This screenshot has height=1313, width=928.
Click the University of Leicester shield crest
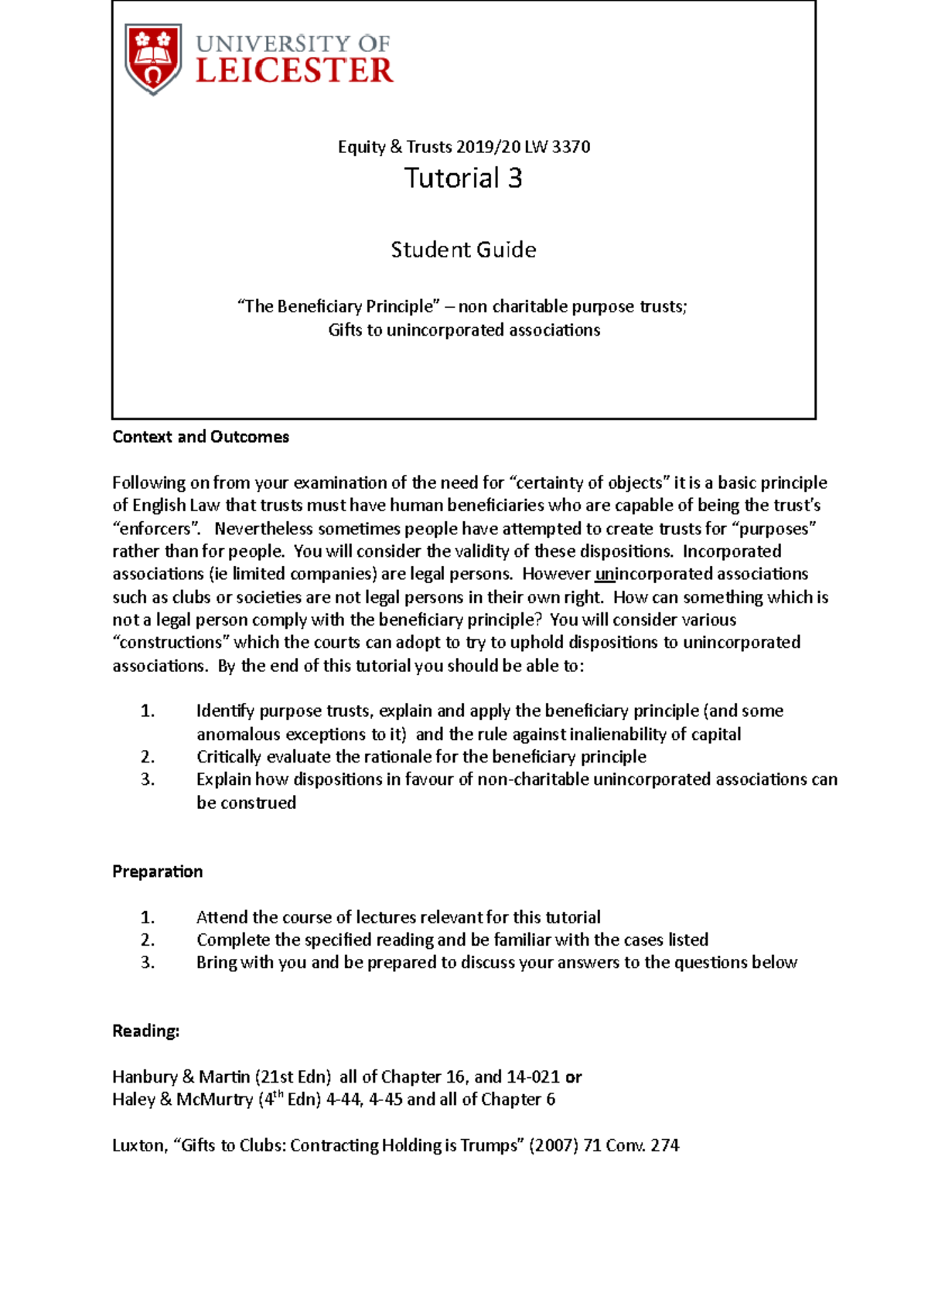coord(153,59)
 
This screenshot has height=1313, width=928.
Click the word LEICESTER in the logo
coord(295,71)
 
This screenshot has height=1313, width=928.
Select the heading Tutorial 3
coord(463,179)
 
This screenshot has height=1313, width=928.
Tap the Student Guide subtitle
coord(463,250)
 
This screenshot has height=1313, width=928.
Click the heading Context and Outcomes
coord(200,437)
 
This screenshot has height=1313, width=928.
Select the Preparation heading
coord(158,871)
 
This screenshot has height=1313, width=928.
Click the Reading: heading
coord(145,1031)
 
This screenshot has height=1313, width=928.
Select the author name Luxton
coord(138,1145)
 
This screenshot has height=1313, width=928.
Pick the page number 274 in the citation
coord(664,1145)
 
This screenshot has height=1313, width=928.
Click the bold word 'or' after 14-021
coord(573,1077)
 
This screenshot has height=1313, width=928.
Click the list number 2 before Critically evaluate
coord(148,757)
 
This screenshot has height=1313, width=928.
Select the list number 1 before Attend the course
coord(148,918)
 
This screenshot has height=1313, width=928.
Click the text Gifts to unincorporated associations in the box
coord(463,330)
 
